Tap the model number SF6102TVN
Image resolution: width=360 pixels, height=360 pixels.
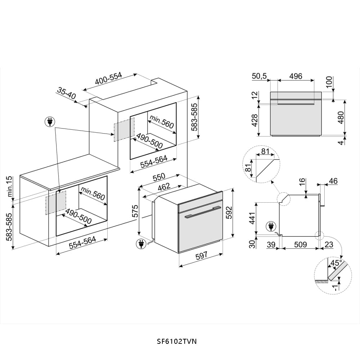[x=177, y=341]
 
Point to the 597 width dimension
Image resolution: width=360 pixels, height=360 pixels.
[x=202, y=256]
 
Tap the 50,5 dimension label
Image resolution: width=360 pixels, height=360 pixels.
[x=259, y=76]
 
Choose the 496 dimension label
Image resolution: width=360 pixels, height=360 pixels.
[x=296, y=76]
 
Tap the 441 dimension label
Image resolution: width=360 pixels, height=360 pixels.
[x=252, y=218]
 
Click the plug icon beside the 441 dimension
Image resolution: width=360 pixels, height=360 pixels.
[x=270, y=227]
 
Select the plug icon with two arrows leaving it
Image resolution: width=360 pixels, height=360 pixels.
[x=50, y=122]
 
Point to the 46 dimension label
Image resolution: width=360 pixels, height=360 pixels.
[x=333, y=181]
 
